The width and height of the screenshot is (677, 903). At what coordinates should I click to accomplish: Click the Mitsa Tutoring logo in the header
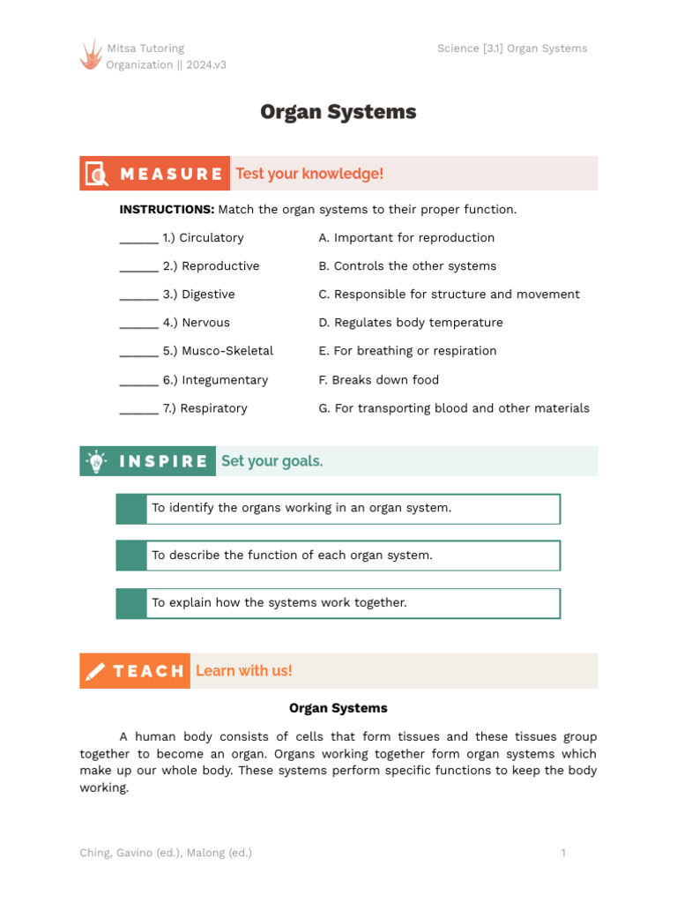point(91,55)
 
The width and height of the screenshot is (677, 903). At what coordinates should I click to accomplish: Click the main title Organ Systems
point(338,112)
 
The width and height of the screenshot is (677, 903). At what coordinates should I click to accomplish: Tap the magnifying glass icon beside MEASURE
point(95,174)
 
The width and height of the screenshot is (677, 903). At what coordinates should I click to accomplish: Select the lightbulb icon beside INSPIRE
point(95,461)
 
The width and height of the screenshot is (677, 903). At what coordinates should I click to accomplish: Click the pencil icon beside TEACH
point(95,671)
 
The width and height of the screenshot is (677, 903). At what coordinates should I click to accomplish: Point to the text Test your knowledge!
point(309,174)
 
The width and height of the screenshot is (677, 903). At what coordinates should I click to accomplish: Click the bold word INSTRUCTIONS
point(167,210)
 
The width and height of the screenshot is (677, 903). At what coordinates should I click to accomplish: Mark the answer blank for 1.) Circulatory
point(138,239)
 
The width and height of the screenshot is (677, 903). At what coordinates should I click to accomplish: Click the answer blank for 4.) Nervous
point(138,324)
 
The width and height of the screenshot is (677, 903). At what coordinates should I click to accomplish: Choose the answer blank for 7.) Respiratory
point(138,409)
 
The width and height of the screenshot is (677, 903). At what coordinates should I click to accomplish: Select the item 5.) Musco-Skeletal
point(218,351)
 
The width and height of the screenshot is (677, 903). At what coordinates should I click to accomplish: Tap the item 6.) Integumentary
point(215,380)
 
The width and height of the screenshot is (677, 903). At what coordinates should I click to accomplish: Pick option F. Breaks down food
point(378,380)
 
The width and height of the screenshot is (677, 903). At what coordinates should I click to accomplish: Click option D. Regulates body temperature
point(411,323)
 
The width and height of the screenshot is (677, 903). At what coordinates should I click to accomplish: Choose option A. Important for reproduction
point(406,238)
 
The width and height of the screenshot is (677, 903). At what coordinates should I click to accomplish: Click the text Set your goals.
point(272,461)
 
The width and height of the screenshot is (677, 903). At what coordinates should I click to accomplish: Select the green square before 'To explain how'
point(131,603)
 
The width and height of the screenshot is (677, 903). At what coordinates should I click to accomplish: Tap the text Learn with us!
point(243,671)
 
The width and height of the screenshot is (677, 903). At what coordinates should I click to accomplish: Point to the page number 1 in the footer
point(563,853)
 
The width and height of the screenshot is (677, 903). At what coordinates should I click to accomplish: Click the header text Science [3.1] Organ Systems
point(511,49)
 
